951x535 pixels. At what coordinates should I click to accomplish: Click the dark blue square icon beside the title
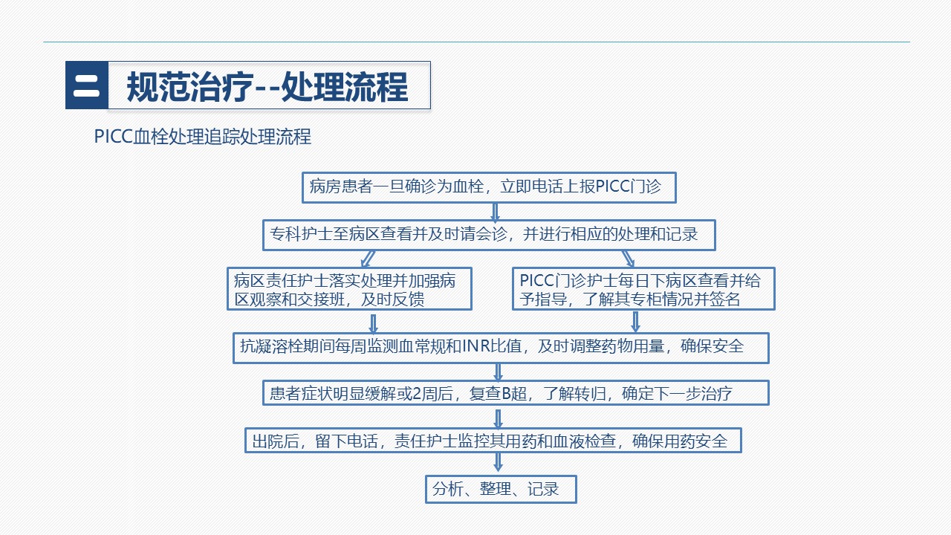[87, 85]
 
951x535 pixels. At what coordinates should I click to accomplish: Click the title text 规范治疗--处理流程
[267, 87]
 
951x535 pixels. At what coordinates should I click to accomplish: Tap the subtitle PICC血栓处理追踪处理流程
[203, 137]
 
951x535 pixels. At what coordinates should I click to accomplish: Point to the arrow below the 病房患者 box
[495, 213]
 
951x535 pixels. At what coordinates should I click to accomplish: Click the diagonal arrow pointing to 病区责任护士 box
[368, 259]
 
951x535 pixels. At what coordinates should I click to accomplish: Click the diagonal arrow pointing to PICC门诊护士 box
[628, 259]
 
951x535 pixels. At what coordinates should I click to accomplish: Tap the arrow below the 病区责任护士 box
[373, 324]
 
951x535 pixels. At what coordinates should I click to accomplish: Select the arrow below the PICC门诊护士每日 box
[635, 322]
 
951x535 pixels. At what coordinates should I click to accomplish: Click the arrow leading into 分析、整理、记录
[499, 462]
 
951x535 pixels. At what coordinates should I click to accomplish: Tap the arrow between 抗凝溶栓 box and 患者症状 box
[499, 372]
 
